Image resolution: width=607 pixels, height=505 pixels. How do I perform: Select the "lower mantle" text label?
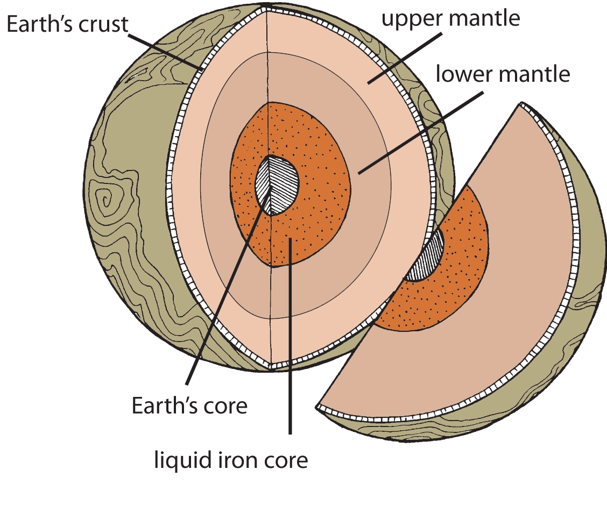(502, 74)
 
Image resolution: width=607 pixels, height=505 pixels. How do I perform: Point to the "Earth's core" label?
(189, 405)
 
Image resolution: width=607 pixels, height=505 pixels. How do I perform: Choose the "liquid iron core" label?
(231, 460)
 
